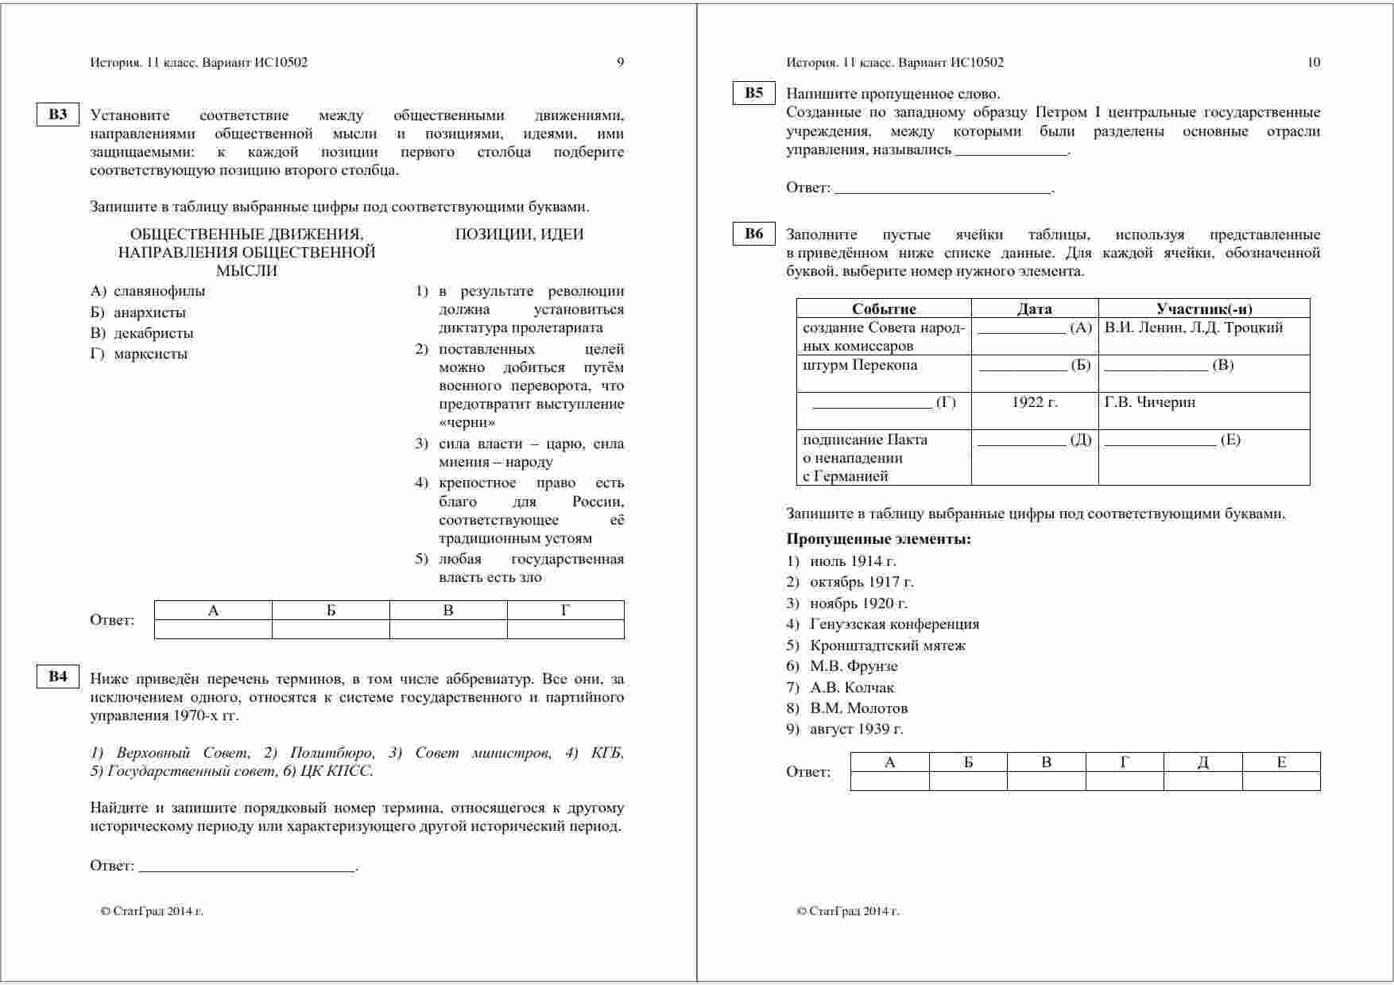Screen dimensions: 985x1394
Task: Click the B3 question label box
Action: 58,114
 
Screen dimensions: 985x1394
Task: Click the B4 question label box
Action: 58,677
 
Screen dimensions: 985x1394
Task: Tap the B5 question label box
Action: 753,93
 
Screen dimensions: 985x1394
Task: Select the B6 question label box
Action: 753,233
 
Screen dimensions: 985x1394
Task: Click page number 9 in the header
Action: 621,63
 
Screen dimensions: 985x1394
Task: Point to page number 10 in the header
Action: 1314,63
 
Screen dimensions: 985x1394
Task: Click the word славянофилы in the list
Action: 159,291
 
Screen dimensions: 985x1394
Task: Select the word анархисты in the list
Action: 149,312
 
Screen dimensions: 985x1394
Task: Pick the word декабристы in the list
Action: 153,333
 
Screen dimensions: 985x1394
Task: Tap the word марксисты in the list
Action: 150,354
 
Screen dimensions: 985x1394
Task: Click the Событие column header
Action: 884,308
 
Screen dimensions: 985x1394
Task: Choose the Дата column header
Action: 1034,308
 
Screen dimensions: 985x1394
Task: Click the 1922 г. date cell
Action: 1034,402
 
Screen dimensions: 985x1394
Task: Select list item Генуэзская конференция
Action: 894,624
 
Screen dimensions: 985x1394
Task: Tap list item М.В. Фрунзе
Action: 854,666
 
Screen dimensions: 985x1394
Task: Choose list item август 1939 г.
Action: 857,729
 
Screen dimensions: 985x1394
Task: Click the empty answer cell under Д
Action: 1202,781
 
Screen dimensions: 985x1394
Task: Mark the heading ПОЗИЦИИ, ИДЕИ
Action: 519,234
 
